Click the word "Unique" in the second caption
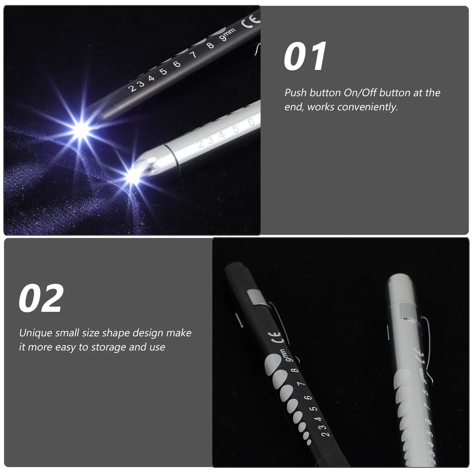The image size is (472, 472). pos(36,333)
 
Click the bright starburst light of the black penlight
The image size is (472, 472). pos(80,129)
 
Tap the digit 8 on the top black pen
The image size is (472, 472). pos(210,45)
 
